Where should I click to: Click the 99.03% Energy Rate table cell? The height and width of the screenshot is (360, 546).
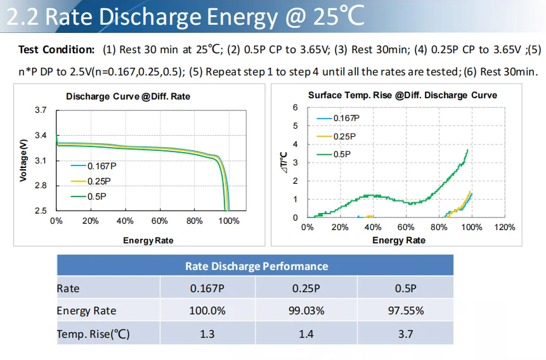[x=308, y=311]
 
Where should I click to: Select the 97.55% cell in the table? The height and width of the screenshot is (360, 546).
[x=406, y=311]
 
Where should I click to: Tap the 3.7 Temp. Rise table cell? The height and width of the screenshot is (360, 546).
[x=406, y=333]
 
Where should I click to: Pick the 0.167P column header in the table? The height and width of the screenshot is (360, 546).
[x=207, y=288]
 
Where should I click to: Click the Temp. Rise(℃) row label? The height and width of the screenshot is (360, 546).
[x=93, y=333]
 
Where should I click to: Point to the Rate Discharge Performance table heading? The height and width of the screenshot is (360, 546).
[x=256, y=266]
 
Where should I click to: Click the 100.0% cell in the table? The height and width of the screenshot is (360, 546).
[x=207, y=311]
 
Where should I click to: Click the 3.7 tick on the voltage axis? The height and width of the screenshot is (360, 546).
[x=41, y=110]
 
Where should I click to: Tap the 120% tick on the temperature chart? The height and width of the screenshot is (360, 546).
[x=505, y=227]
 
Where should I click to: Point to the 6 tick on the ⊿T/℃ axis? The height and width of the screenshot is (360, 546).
[x=295, y=108]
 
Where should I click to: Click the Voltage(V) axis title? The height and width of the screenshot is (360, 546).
[x=23, y=160]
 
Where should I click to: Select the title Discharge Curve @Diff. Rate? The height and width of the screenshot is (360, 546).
[x=128, y=97]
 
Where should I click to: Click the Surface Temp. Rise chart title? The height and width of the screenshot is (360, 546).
[x=402, y=95]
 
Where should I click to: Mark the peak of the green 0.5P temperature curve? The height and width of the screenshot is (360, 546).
[x=468, y=150]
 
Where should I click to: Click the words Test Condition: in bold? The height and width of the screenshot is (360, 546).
[x=56, y=49]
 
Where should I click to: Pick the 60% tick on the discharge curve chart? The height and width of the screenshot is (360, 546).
[x=160, y=221]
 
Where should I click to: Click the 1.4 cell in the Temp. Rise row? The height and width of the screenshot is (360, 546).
[x=306, y=333]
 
